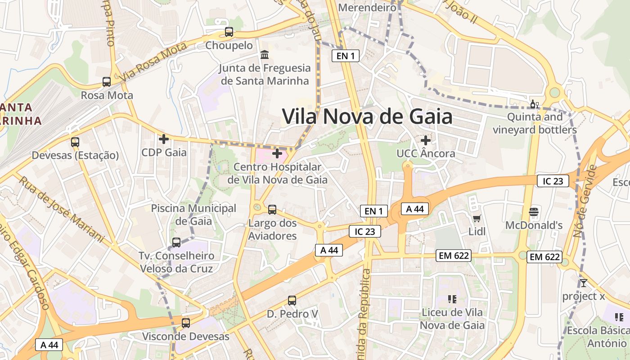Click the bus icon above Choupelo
click(x=229, y=32)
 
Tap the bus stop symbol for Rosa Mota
click(x=107, y=82)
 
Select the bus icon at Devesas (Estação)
click(x=75, y=142)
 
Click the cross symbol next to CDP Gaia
click(x=164, y=139)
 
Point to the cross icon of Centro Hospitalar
click(x=277, y=153)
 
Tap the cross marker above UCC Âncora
click(x=425, y=140)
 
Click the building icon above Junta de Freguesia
click(x=265, y=55)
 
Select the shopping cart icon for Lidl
click(x=477, y=219)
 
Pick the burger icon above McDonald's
click(x=534, y=211)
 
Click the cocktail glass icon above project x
click(x=583, y=283)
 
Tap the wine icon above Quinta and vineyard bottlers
click(x=535, y=104)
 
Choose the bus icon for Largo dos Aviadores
click(x=272, y=209)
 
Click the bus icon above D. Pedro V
click(x=292, y=300)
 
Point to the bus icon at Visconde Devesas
click(x=185, y=323)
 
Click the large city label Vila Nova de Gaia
click(x=367, y=117)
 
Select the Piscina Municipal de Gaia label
click(x=193, y=215)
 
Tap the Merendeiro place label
click(x=367, y=8)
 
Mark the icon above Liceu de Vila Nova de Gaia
click(x=452, y=299)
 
